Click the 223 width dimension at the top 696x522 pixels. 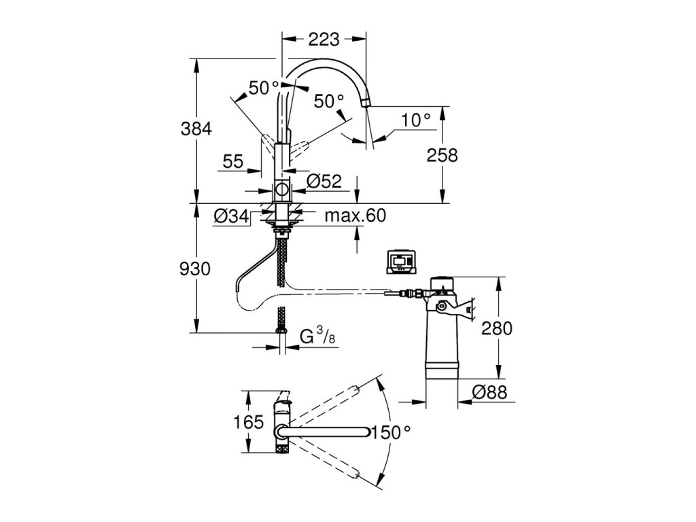click(x=324, y=40)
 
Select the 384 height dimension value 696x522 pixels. click(x=196, y=129)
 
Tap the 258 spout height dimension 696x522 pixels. click(x=442, y=156)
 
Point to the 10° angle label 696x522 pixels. click(x=415, y=120)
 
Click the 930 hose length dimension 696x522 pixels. click(x=195, y=269)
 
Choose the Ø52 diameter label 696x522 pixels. click(x=324, y=181)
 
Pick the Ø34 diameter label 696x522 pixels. click(x=231, y=216)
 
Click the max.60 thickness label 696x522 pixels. click(x=355, y=215)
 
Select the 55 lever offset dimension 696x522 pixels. click(x=233, y=162)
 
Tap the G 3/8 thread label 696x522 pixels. click(x=317, y=336)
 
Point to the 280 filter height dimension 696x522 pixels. click(x=497, y=328)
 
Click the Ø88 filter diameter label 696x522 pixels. click(x=489, y=392)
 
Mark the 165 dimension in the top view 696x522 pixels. click(x=249, y=421)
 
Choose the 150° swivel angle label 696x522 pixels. click(x=391, y=432)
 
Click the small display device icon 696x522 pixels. click(x=402, y=262)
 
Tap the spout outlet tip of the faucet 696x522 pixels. click(x=365, y=103)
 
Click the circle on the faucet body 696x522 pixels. click(x=282, y=190)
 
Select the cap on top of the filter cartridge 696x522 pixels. click(x=442, y=283)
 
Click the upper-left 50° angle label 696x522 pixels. click(x=264, y=88)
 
